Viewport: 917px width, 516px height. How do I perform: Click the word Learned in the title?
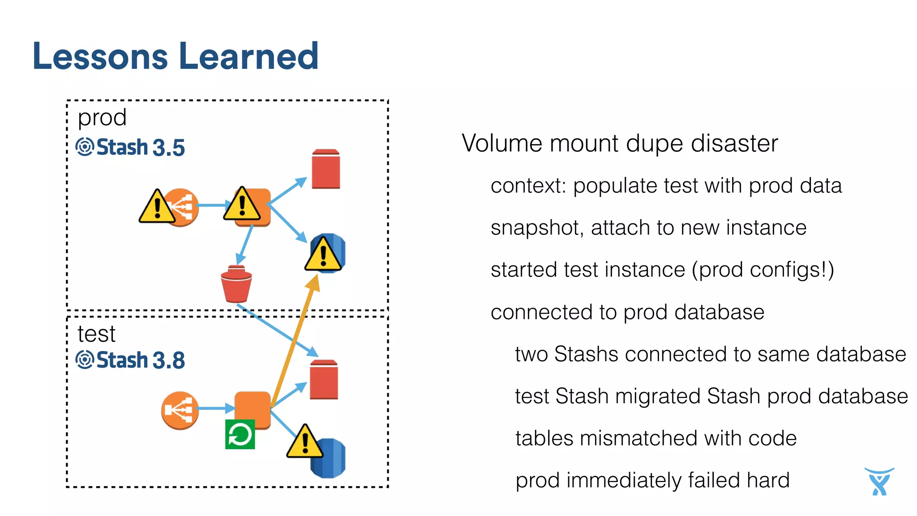(x=249, y=56)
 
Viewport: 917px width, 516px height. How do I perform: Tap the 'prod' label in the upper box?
(x=102, y=117)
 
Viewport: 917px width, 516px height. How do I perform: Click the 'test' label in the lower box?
(x=96, y=334)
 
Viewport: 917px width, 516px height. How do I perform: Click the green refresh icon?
(x=240, y=434)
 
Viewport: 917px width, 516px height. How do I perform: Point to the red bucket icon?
(x=236, y=285)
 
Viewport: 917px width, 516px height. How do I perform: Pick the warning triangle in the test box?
(x=305, y=443)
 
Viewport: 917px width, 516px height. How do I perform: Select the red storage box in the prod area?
(x=326, y=169)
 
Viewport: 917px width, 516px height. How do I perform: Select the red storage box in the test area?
(x=324, y=380)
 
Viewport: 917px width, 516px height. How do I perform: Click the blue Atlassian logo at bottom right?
(x=879, y=482)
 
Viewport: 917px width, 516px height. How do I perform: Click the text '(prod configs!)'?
(x=763, y=270)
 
